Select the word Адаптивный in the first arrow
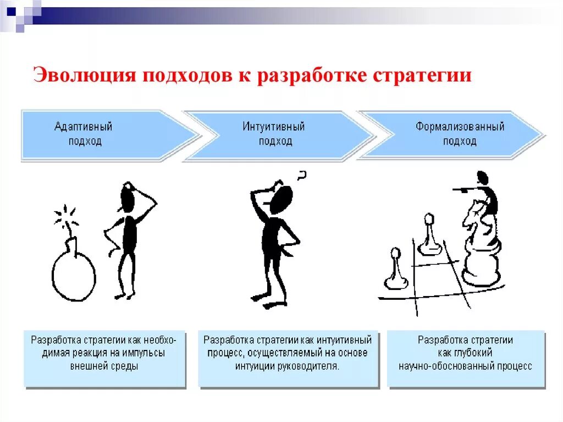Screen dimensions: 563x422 (83, 127)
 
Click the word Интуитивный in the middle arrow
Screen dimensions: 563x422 (274, 127)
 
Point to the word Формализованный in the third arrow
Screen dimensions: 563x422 (460, 127)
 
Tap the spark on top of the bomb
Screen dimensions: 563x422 (66, 216)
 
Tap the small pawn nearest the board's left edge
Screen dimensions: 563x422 (394, 270)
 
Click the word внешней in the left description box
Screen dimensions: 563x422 (91, 366)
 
